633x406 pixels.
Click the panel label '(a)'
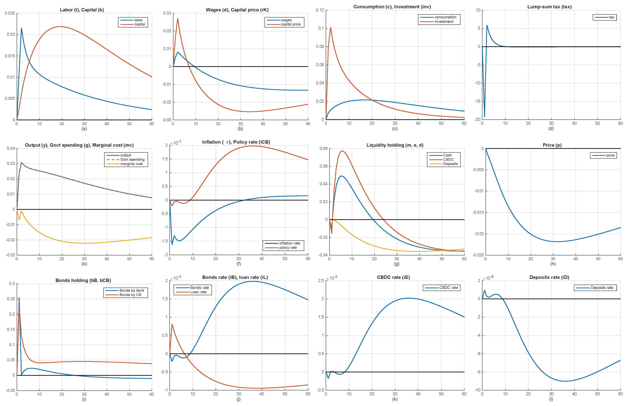84,129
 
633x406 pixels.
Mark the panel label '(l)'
551,399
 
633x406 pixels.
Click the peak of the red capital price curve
178,19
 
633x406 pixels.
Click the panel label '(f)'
239,264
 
